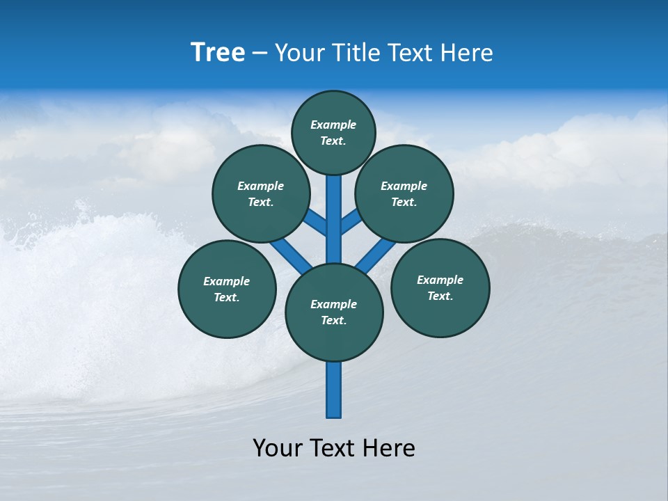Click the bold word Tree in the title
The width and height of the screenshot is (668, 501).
click(218, 53)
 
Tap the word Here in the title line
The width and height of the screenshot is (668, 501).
click(467, 53)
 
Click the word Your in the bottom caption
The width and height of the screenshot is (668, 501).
click(278, 448)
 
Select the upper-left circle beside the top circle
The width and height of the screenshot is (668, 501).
click(261, 193)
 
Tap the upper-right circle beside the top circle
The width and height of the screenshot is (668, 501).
click(404, 193)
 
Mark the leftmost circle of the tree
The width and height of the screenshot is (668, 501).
click(227, 289)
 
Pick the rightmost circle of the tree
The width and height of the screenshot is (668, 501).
click(440, 287)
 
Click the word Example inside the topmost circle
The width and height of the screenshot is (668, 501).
click(333, 125)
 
